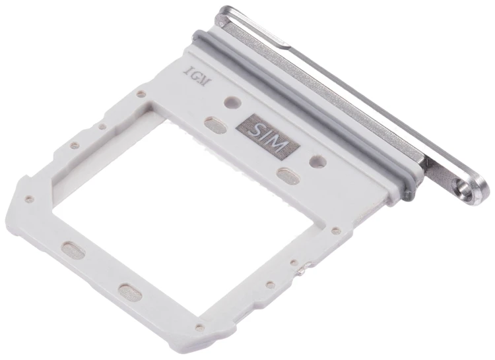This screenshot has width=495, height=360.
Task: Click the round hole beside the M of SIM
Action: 318,160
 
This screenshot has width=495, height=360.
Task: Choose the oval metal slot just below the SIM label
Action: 288,175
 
